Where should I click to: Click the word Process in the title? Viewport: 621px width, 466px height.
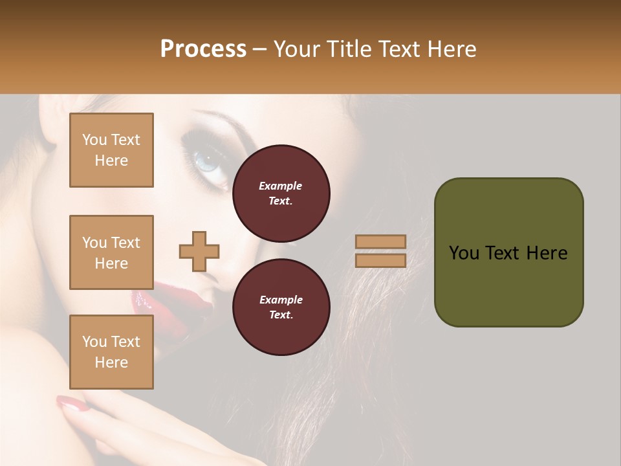coord(203,49)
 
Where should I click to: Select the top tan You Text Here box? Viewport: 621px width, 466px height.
coord(111,150)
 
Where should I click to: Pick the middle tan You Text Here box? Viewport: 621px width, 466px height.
coord(111,252)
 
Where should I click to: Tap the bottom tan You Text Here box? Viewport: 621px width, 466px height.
coord(111,352)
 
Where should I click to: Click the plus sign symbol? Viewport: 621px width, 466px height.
coord(199,251)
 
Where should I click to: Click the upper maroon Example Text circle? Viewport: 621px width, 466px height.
coord(281,193)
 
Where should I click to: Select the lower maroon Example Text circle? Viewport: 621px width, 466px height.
coord(281,307)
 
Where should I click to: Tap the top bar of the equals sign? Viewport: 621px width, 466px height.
coord(381,241)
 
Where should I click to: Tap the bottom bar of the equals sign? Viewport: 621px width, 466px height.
coord(381,260)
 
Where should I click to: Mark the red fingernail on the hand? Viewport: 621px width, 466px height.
coord(71,404)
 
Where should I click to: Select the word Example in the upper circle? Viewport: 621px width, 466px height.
coord(281,186)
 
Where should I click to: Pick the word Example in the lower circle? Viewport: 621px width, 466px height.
coord(281,300)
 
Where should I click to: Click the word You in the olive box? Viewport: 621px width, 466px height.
coord(463,253)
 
